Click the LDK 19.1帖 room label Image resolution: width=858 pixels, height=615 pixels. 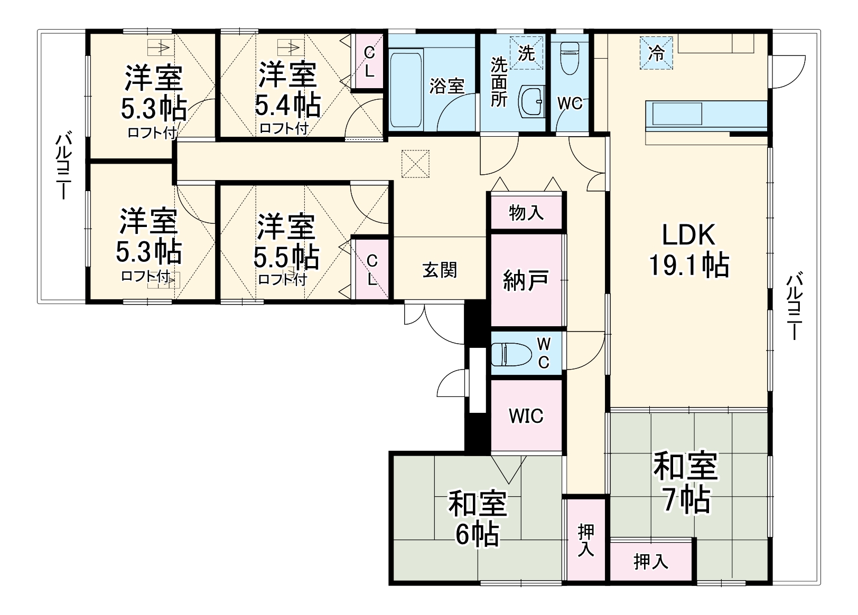(x=688, y=250)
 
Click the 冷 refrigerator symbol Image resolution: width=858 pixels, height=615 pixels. (x=656, y=53)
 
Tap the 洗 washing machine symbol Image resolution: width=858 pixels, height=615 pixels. (x=526, y=53)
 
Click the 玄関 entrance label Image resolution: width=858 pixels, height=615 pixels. (x=440, y=270)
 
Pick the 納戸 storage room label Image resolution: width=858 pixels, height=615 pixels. (x=526, y=280)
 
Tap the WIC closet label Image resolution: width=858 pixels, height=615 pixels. (x=526, y=416)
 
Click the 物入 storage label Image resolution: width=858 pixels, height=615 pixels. (x=526, y=213)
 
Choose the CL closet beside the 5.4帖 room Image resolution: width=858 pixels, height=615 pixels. (x=369, y=61)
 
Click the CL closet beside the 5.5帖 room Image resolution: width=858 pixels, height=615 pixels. (x=372, y=269)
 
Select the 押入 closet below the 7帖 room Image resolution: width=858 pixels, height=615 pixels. (x=651, y=561)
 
